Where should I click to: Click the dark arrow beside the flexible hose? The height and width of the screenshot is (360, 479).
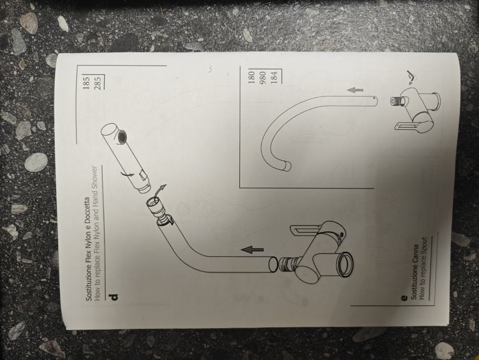pyautogui.click(x=253, y=250)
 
